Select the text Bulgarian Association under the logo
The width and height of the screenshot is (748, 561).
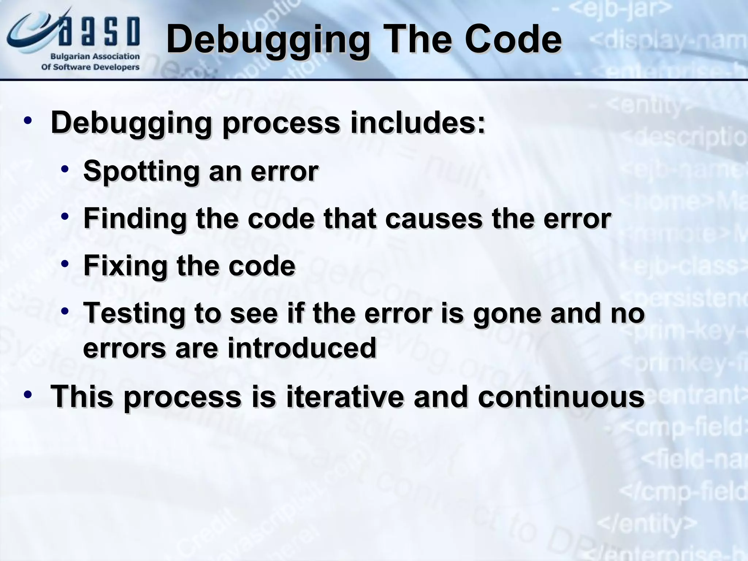click(x=95, y=57)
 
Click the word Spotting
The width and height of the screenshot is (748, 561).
click(x=141, y=171)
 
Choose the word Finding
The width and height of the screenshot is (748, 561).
click(x=135, y=218)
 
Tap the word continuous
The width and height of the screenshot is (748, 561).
click(x=561, y=397)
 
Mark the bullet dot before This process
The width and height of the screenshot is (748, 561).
click(x=27, y=395)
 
